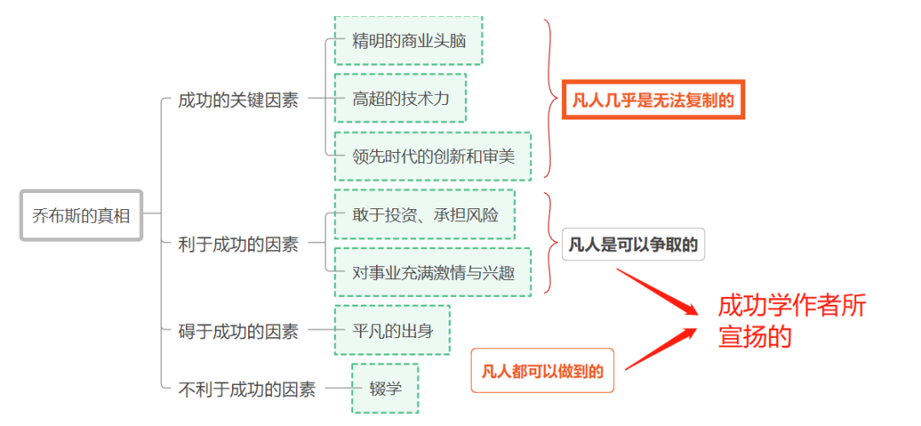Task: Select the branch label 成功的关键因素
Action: pyautogui.click(x=238, y=100)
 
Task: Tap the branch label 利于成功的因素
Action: pyautogui.click(x=238, y=244)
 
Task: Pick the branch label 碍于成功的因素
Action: pyautogui.click(x=238, y=331)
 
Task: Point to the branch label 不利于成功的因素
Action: pyautogui.click(x=246, y=389)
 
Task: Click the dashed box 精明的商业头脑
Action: pyautogui.click(x=408, y=40)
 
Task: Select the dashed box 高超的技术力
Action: pyautogui.click(x=400, y=98)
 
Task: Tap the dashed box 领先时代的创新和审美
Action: pyautogui.click(x=432, y=156)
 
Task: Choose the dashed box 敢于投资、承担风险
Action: pyautogui.click(x=425, y=214)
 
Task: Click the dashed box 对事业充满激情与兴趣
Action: pyautogui.click(x=432, y=272)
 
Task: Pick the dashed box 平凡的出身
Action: pyautogui.click(x=392, y=330)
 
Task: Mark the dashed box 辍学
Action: pyautogui.click(x=385, y=388)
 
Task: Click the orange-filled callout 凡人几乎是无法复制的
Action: pyautogui.click(x=652, y=100)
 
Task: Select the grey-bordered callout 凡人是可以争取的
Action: pyautogui.click(x=633, y=245)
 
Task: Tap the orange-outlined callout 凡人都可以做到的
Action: pyautogui.click(x=542, y=371)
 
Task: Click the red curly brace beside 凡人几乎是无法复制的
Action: pyautogui.click(x=551, y=99)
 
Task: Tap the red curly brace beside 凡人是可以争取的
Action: pyautogui.click(x=551, y=243)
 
